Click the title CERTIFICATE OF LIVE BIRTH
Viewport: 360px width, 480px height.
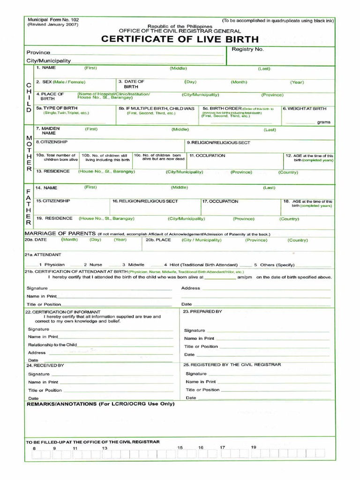(x=180, y=39)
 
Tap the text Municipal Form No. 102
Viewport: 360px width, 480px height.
(x=53, y=20)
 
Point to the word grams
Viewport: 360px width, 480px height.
(x=323, y=122)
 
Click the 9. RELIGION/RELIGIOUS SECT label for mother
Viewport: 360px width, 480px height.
(x=218, y=142)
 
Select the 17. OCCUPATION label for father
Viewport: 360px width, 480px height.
(x=220, y=201)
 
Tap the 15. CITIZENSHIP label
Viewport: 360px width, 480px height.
(x=53, y=201)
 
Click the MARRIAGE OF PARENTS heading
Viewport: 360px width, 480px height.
(x=60, y=233)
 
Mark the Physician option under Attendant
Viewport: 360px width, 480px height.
(x=55, y=265)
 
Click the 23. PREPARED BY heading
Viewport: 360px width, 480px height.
(x=202, y=311)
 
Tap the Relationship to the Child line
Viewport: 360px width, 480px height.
(x=52, y=345)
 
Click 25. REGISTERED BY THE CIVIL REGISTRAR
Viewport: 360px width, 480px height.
(x=232, y=364)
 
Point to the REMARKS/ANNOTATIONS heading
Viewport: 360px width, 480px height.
(x=100, y=404)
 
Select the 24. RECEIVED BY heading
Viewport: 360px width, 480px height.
(x=45, y=365)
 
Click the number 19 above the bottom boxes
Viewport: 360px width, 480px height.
(x=254, y=447)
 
